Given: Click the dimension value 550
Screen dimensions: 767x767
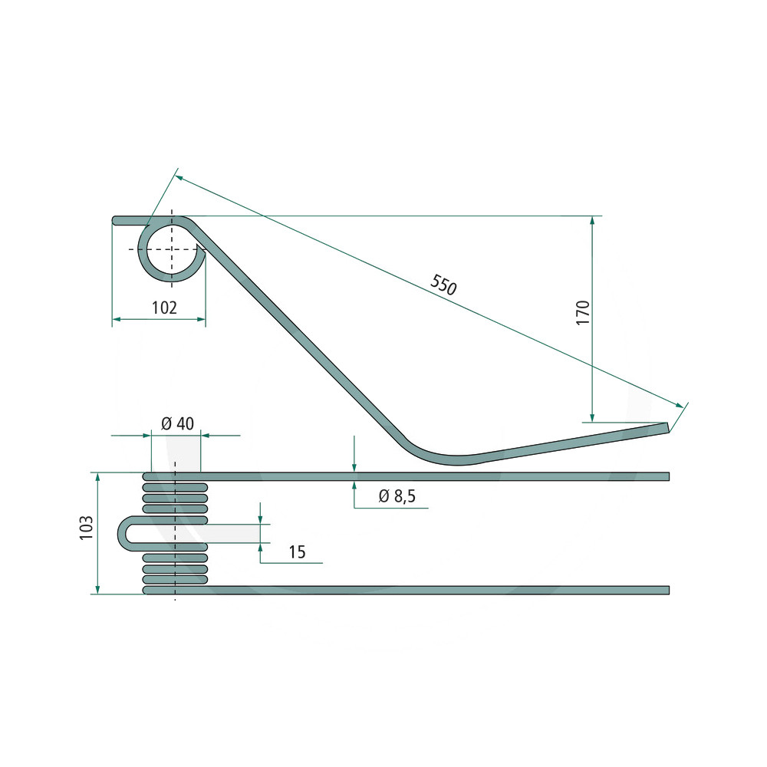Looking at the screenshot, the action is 443,285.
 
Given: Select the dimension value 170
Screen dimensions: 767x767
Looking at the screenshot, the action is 583,313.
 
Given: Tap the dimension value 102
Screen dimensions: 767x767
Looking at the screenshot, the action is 164,308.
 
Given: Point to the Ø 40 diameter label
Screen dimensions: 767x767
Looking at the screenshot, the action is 177,423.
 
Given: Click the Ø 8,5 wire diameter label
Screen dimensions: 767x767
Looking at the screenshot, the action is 397,496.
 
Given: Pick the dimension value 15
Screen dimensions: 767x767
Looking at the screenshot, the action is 297,551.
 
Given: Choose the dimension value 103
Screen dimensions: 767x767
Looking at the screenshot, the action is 86,528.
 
